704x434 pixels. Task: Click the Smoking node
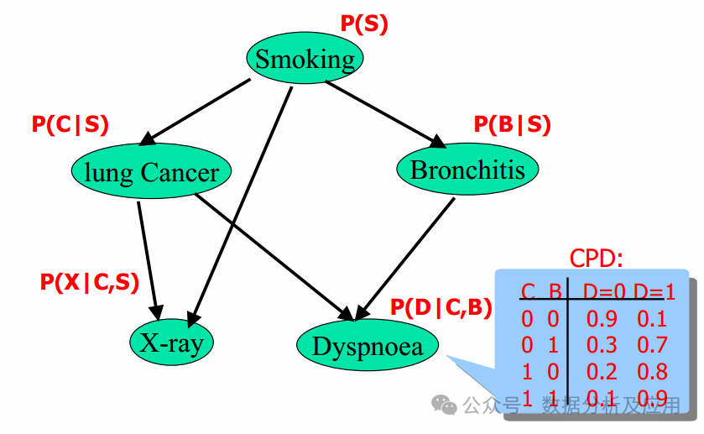coord(305,59)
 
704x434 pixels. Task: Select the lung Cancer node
coord(151,172)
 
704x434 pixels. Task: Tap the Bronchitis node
coord(467,170)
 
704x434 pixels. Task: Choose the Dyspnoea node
coord(368,345)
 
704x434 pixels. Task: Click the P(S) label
coord(364,24)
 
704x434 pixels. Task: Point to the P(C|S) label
coord(70,124)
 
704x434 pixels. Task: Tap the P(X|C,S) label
coord(90,282)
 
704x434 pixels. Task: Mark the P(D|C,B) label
coord(441,307)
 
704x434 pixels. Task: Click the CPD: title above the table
coord(597,258)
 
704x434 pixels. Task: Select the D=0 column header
coord(605,292)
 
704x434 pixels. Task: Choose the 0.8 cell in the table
coord(652,371)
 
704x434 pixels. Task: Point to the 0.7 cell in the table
coord(652,345)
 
